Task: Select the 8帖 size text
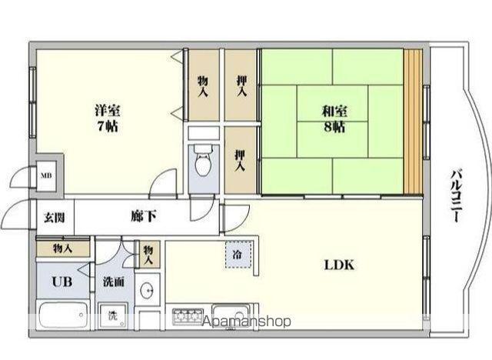tap(334, 127)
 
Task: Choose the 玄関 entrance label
tap(54, 218)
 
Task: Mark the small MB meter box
tap(47, 175)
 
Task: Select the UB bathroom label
tap(61, 282)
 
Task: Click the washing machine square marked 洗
tap(112, 315)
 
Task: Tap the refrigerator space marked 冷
tap(238, 255)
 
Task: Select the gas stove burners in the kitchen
tap(187, 315)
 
